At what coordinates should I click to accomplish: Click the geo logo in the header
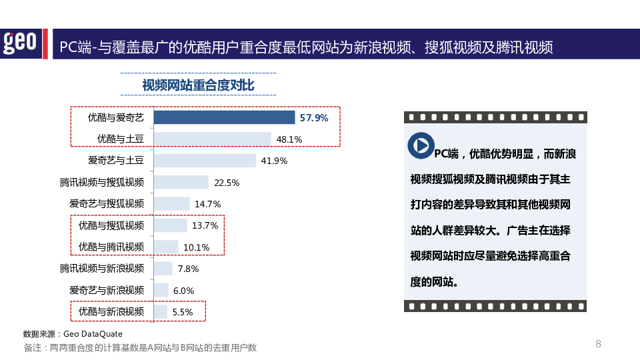[x=20, y=43]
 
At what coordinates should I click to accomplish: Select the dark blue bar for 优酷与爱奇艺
[x=224, y=118]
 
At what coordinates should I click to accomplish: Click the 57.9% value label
[x=314, y=118]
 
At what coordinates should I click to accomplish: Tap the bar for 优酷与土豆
[x=212, y=139]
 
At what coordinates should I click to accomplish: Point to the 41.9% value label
[x=274, y=161]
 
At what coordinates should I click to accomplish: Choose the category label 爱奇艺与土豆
[x=116, y=161]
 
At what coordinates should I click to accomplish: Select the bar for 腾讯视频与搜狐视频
[x=181, y=182]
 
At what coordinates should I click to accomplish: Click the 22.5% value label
[x=227, y=183]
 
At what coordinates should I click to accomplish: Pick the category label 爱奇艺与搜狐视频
[x=107, y=204]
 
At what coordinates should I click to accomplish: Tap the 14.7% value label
[x=207, y=204]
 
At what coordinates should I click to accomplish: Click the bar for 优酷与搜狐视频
[x=170, y=225]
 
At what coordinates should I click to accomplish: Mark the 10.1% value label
[x=197, y=247]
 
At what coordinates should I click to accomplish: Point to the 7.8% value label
[x=188, y=269]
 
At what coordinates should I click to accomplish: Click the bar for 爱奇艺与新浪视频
[x=161, y=290]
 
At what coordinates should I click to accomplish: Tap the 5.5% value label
[x=183, y=312]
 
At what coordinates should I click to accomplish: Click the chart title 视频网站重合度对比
[x=198, y=85]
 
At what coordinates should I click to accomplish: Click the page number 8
[x=598, y=344]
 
